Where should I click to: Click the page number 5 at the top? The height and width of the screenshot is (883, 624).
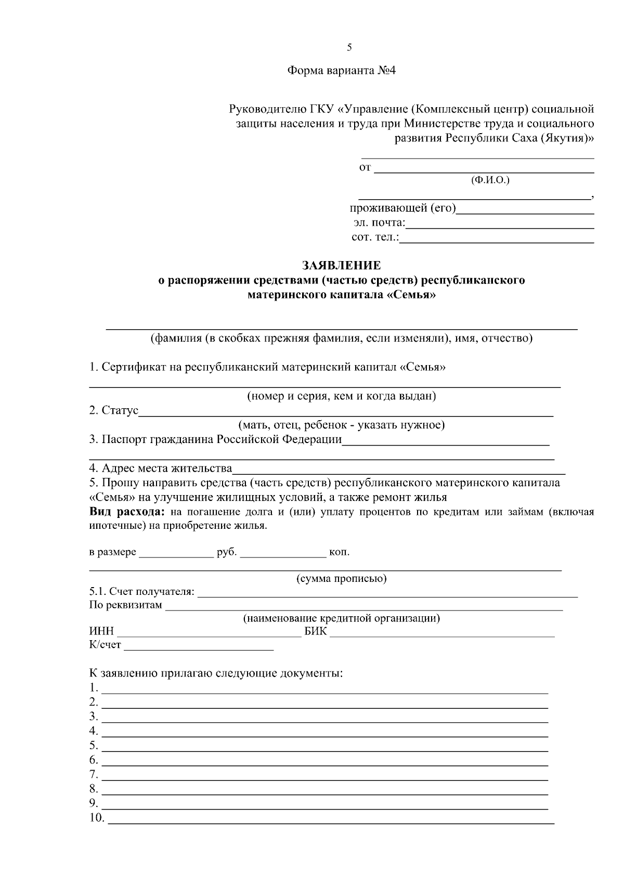349,48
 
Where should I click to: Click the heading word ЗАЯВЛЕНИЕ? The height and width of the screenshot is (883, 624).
342,266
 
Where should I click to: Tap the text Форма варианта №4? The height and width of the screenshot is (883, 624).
342,71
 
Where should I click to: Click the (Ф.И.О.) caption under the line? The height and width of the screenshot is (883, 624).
490,180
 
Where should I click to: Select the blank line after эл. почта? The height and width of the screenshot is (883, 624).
499,227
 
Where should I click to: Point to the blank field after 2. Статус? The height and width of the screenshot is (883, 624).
346,414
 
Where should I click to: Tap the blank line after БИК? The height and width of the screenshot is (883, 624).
442,635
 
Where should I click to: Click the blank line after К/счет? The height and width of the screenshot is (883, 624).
199,648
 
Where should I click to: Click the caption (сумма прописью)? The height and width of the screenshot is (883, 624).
341,578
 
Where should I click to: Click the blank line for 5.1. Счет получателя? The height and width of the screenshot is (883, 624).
387,595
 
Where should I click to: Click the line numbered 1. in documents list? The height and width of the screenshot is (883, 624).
325,692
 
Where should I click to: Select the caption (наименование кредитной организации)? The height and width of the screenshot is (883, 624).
342,618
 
